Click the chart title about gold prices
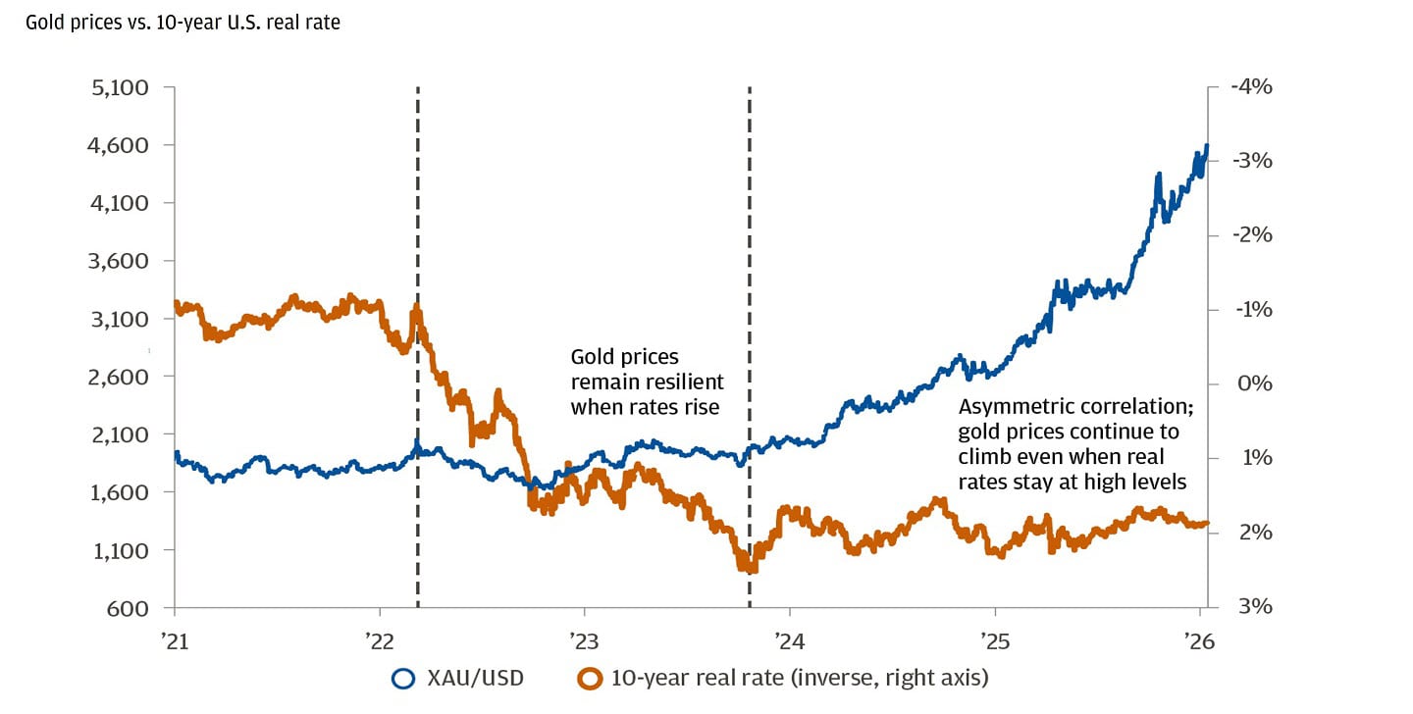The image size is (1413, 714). point(183,22)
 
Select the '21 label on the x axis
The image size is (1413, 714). point(174,638)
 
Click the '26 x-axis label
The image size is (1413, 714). point(1198,638)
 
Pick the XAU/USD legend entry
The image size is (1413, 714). point(457,678)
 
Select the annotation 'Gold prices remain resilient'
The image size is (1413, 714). point(647,382)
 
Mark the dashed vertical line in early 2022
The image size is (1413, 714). point(418,245)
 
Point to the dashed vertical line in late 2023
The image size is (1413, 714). point(750,245)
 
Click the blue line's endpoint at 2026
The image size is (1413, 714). point(1206,146)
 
